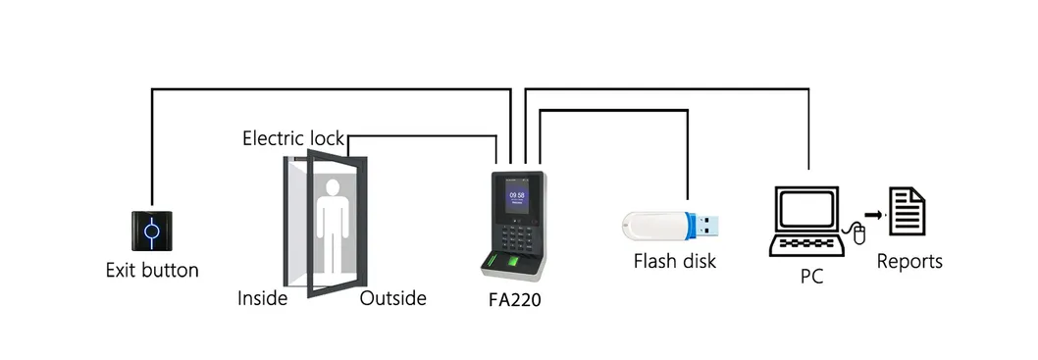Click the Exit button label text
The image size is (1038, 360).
pos(152,270)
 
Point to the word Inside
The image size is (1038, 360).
pos(262,298)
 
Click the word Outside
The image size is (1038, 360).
pos(392,298)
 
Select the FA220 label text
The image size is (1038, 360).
pos(514,300)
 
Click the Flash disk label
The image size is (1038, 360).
pos(674,262)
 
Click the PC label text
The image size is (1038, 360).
pos(810,278)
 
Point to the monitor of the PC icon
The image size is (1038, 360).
pos(805,208)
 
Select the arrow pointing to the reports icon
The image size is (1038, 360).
pos(872,213)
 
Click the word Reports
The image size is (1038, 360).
pos(908,262)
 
